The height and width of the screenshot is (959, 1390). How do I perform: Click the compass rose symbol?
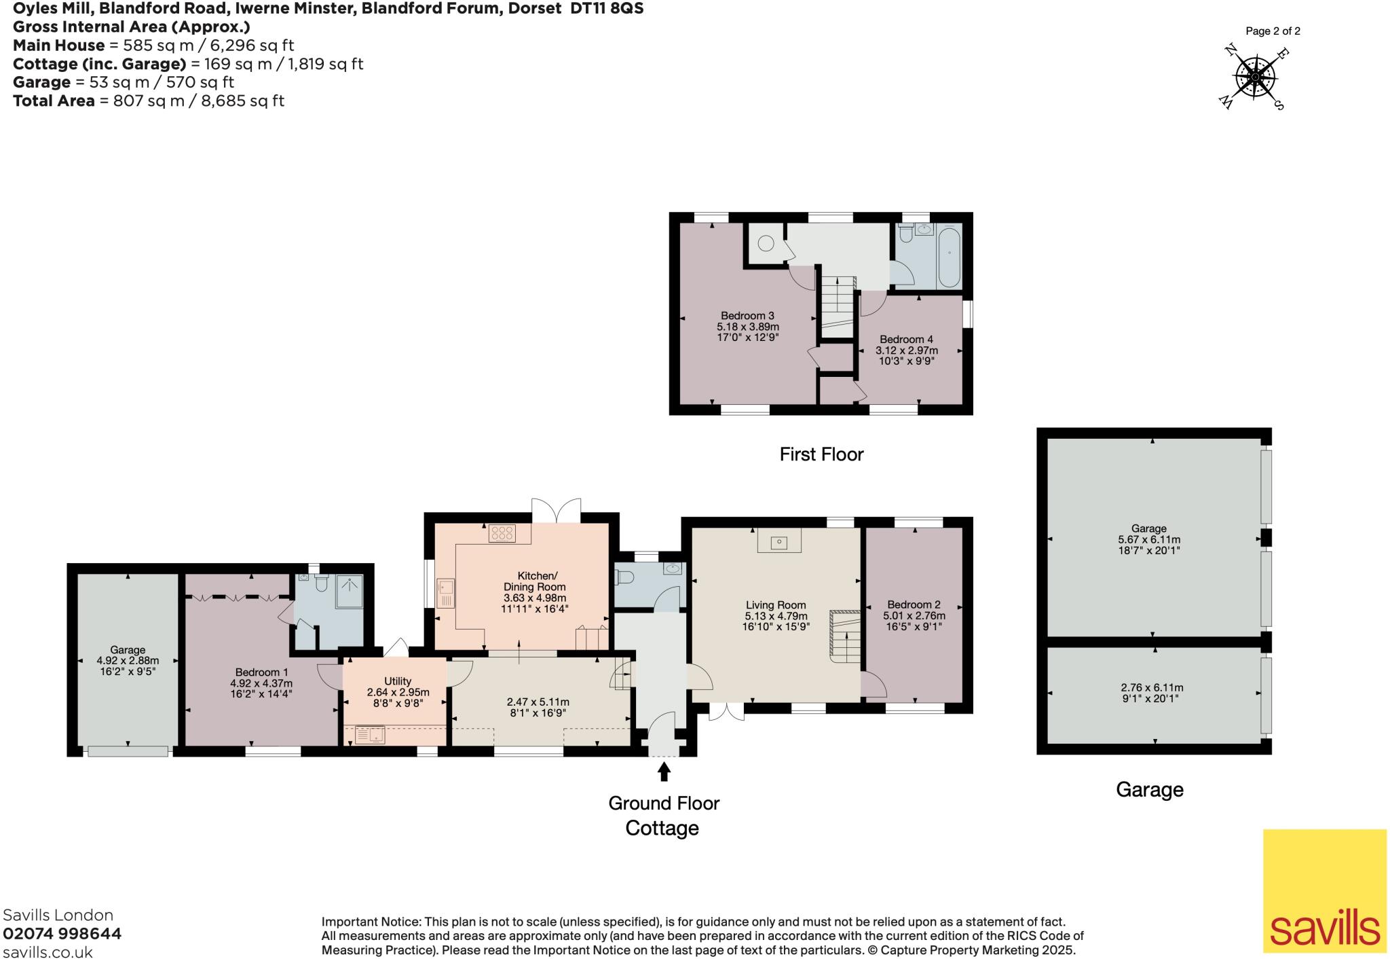pos(1255,77)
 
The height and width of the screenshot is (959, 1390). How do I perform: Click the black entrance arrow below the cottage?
pos(664,772)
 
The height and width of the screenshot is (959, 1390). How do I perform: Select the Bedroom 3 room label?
pos(747,316)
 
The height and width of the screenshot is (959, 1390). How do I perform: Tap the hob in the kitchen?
pos(502,533)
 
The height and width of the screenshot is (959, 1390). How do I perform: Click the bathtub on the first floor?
pos(948,257)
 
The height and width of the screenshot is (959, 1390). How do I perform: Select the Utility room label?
pos(398,681)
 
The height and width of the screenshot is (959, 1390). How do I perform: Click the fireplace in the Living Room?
pos(779,541)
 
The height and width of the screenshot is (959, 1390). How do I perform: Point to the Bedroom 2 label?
pos(914,604)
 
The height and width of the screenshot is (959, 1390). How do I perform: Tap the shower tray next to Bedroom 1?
pos(350,591)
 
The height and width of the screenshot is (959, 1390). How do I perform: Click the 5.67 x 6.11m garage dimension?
pos(1148,540)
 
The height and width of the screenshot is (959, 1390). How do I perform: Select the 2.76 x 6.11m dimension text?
pos(1152,687)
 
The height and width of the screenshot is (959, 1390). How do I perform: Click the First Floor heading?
pos(821,454)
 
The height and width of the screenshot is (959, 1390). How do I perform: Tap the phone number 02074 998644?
pos(62,933)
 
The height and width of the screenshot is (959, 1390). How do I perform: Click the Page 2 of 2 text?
pos(1273,31)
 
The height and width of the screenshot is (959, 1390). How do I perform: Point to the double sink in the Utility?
pos(370,734)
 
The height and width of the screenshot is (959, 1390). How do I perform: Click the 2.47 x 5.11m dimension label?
pos(538,702)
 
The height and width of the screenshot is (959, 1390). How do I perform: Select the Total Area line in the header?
pos(149,101)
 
